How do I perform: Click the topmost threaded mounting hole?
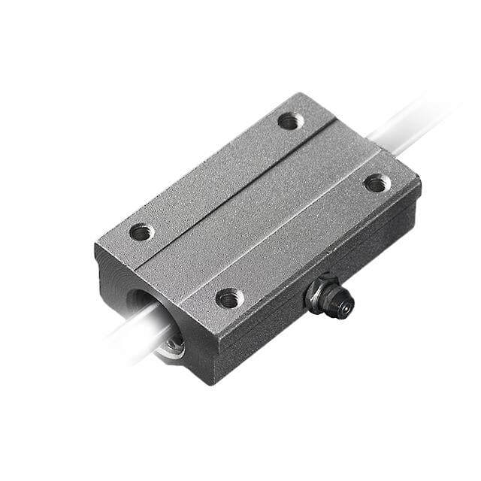point(290,120)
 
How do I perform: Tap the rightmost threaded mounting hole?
point(376,183)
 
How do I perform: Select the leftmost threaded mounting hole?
point(141,232)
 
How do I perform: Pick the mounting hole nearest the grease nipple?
point(229,298)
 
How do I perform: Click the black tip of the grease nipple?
point(342,307)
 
